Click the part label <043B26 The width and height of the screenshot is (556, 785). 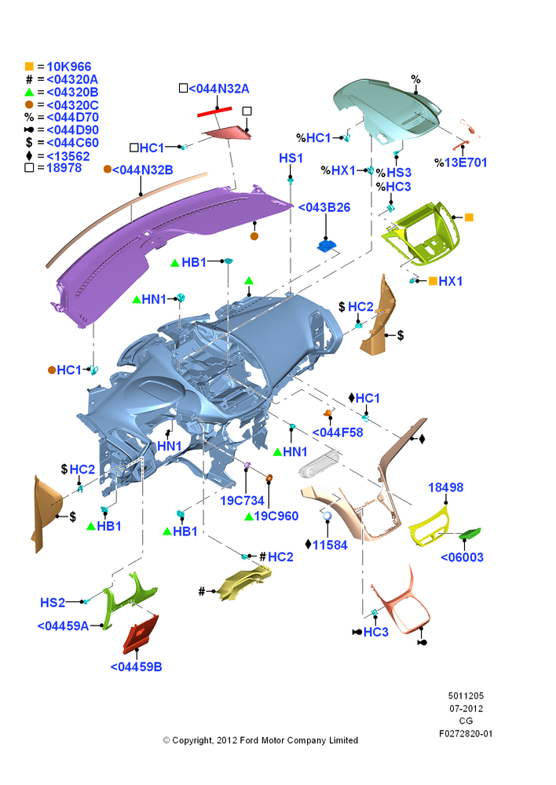coord(324,207)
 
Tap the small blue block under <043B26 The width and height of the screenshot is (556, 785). coord(327,246)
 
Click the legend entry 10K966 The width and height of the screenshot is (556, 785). coord(68,67)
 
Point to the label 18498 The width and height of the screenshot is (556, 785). coord(446,487)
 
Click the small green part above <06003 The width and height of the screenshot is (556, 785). coord(470,534)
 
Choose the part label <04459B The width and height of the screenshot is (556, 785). coord(136,666)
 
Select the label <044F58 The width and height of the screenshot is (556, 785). coord(338,432)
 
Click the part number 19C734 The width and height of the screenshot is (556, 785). coord(242,500)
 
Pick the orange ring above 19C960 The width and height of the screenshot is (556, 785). coord(269,478)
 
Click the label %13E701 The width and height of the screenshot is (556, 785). coord(460,162)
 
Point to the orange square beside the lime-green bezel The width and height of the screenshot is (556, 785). coord(469,217)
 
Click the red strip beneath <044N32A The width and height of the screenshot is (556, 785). coord(214,111)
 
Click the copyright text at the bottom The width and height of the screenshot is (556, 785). coord(261,740)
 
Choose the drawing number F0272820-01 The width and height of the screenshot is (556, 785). coord(466,734)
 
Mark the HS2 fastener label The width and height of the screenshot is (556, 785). coord(53,602)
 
